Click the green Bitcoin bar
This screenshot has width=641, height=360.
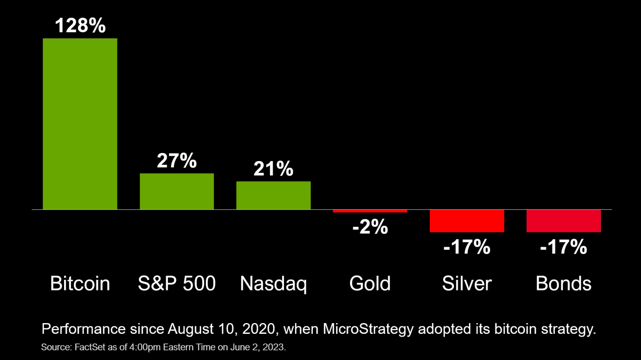[x=80, y=124]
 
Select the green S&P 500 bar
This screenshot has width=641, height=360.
[x=176, y=191]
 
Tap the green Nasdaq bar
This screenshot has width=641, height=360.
[x=273, y=195]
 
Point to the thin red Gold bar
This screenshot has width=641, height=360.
[x=370, y=211]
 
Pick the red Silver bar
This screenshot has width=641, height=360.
[x=467, y=220]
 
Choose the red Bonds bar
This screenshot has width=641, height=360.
[x=563, y=220]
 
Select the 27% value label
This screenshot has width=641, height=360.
[x=176, y=161]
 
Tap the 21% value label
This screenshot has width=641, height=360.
[x=273, y=169]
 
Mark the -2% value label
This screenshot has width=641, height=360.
[x=369, y=227]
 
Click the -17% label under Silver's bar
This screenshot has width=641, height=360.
[x=466, y=247]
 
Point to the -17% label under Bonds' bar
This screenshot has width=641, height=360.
[x=563, y=247]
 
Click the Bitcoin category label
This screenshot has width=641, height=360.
[x=80, y=284]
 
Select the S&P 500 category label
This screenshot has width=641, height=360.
[x=176, y=284]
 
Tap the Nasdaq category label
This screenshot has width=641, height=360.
[x=273, y=284]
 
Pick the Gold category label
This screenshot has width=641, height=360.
[x=370, y=284]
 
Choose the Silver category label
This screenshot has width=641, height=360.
[x=467, y=284]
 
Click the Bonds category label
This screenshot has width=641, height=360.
[x=563, y=284]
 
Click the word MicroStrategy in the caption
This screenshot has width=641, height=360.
[x=368, y=329]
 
